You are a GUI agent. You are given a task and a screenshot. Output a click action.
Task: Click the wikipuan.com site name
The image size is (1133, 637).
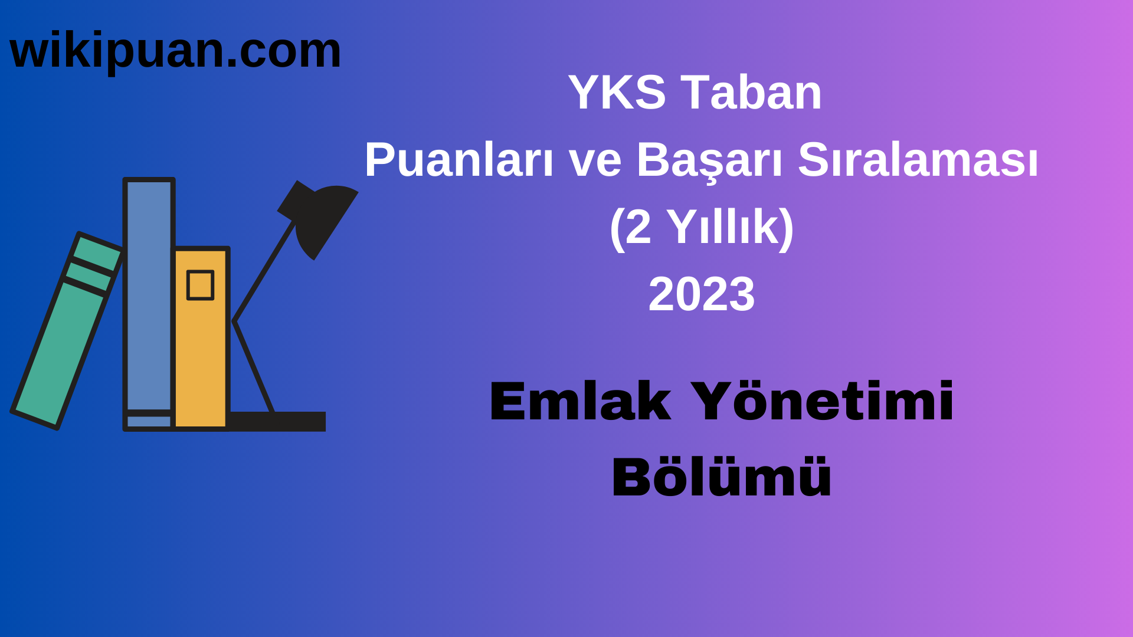pyautogui.click(x=175, y=51)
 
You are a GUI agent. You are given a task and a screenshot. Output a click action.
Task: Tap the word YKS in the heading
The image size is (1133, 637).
pyautogui.click(x=617, y=93)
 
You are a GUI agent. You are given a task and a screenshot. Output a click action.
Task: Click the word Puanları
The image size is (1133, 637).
pyautogui.click(x=459, y=160)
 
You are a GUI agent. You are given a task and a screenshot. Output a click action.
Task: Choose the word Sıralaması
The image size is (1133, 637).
pyautogui.click(x=918, y=160)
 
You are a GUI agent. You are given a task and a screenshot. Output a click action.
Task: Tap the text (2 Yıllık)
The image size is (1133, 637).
pyautogui.click(x=702, y=227)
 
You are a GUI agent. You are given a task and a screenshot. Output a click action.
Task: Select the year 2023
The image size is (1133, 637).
pyautogui.click(x=702, y=294)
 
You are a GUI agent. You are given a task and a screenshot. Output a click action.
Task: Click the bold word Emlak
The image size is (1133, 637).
pyautogui.click(x=580, y=402)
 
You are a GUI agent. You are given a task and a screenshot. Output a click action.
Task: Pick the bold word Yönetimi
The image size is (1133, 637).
pyautogui.click(x=821, y=402)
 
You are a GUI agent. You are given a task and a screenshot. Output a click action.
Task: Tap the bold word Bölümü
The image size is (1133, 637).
pyautogui.click(x=721, y=478)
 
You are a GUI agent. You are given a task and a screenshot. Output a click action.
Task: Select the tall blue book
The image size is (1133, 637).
pyautogui.click(x=149, y=295)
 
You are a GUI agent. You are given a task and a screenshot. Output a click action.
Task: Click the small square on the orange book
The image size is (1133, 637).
pyautogui.click(x=200, y=285)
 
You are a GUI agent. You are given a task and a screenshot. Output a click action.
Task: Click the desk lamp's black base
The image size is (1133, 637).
pyautogui.click(x=277, y=421)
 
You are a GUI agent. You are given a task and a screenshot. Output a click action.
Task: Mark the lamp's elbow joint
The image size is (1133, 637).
pyautogui.click(x=235, y=321)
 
